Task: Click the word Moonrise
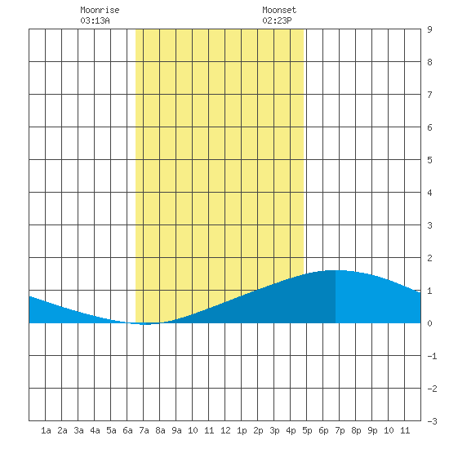tap(100, 10)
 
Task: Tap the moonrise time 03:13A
tap(95, 20)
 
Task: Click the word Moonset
tap(279, 10)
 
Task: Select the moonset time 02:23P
tap(277, 20)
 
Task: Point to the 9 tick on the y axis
tap(429, 29)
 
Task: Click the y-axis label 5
tap(429, 160)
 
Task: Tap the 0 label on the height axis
tap(429, 323)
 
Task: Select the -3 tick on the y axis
tap(432, 421)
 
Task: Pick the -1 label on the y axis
tap(432, 356)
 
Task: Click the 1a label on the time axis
tap(46, 430)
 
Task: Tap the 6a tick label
tap(127, 430)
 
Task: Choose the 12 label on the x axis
tap(225, 430)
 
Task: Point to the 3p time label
tap(274, 430)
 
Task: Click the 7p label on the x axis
tap(340, 430)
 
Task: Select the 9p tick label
tap(372, 430)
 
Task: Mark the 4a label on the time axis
tap(95, 430)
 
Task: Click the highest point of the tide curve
tap(335, 270)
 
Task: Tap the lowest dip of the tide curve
tap(146, 324)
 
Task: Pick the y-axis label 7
tap(429, 95)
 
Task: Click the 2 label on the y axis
tap(429, 258)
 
